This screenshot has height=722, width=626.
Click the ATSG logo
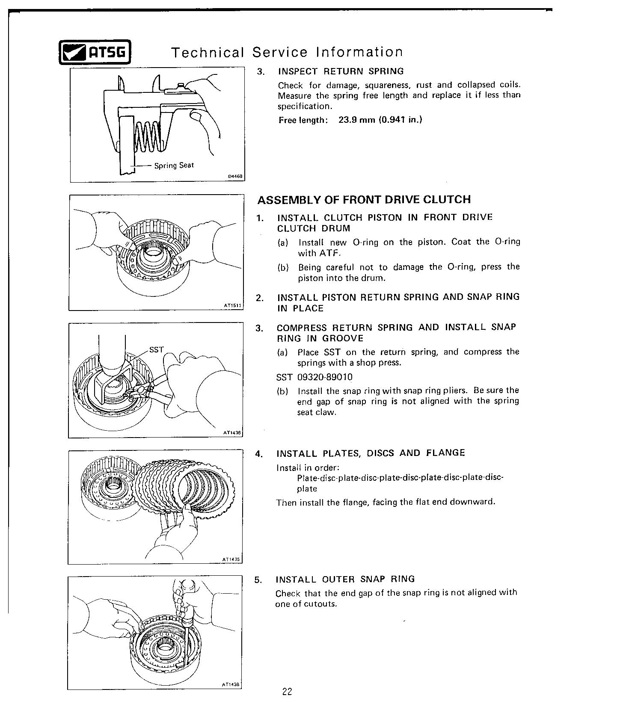95,52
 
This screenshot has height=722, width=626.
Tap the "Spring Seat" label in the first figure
174,166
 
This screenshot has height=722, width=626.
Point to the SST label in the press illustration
156,349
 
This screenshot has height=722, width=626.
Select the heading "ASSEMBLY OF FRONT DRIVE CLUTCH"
364,200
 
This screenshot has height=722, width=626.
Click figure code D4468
235,176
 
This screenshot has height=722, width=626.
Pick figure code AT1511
233,305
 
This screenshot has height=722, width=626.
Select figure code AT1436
233,432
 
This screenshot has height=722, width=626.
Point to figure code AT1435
232,559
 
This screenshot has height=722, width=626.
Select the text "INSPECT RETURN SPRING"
341,71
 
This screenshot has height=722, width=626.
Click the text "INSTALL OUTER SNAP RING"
345,579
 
